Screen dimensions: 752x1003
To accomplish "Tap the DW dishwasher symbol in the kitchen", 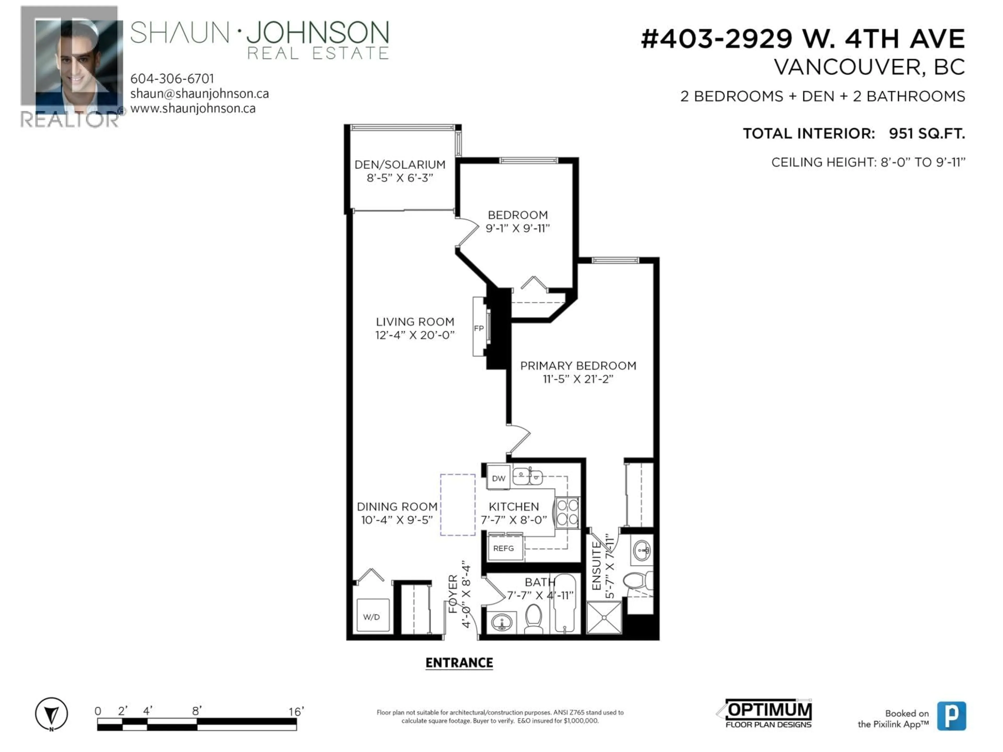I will click(x=498, y=478).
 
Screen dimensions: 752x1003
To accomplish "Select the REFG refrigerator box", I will click(x=504, y=548).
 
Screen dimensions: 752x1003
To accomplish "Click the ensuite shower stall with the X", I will click(x=604, y=617).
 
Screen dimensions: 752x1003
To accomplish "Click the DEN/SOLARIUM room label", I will click(x=399, y=164).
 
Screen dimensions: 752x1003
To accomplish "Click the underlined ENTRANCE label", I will click(x=459, y=663).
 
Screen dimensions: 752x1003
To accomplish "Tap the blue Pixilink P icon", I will click(x=951, y=716).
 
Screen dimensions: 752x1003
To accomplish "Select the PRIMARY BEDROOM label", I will click(x=578, y=366).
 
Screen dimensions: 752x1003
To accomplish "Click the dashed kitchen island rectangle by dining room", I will click(x=458, y=504).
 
